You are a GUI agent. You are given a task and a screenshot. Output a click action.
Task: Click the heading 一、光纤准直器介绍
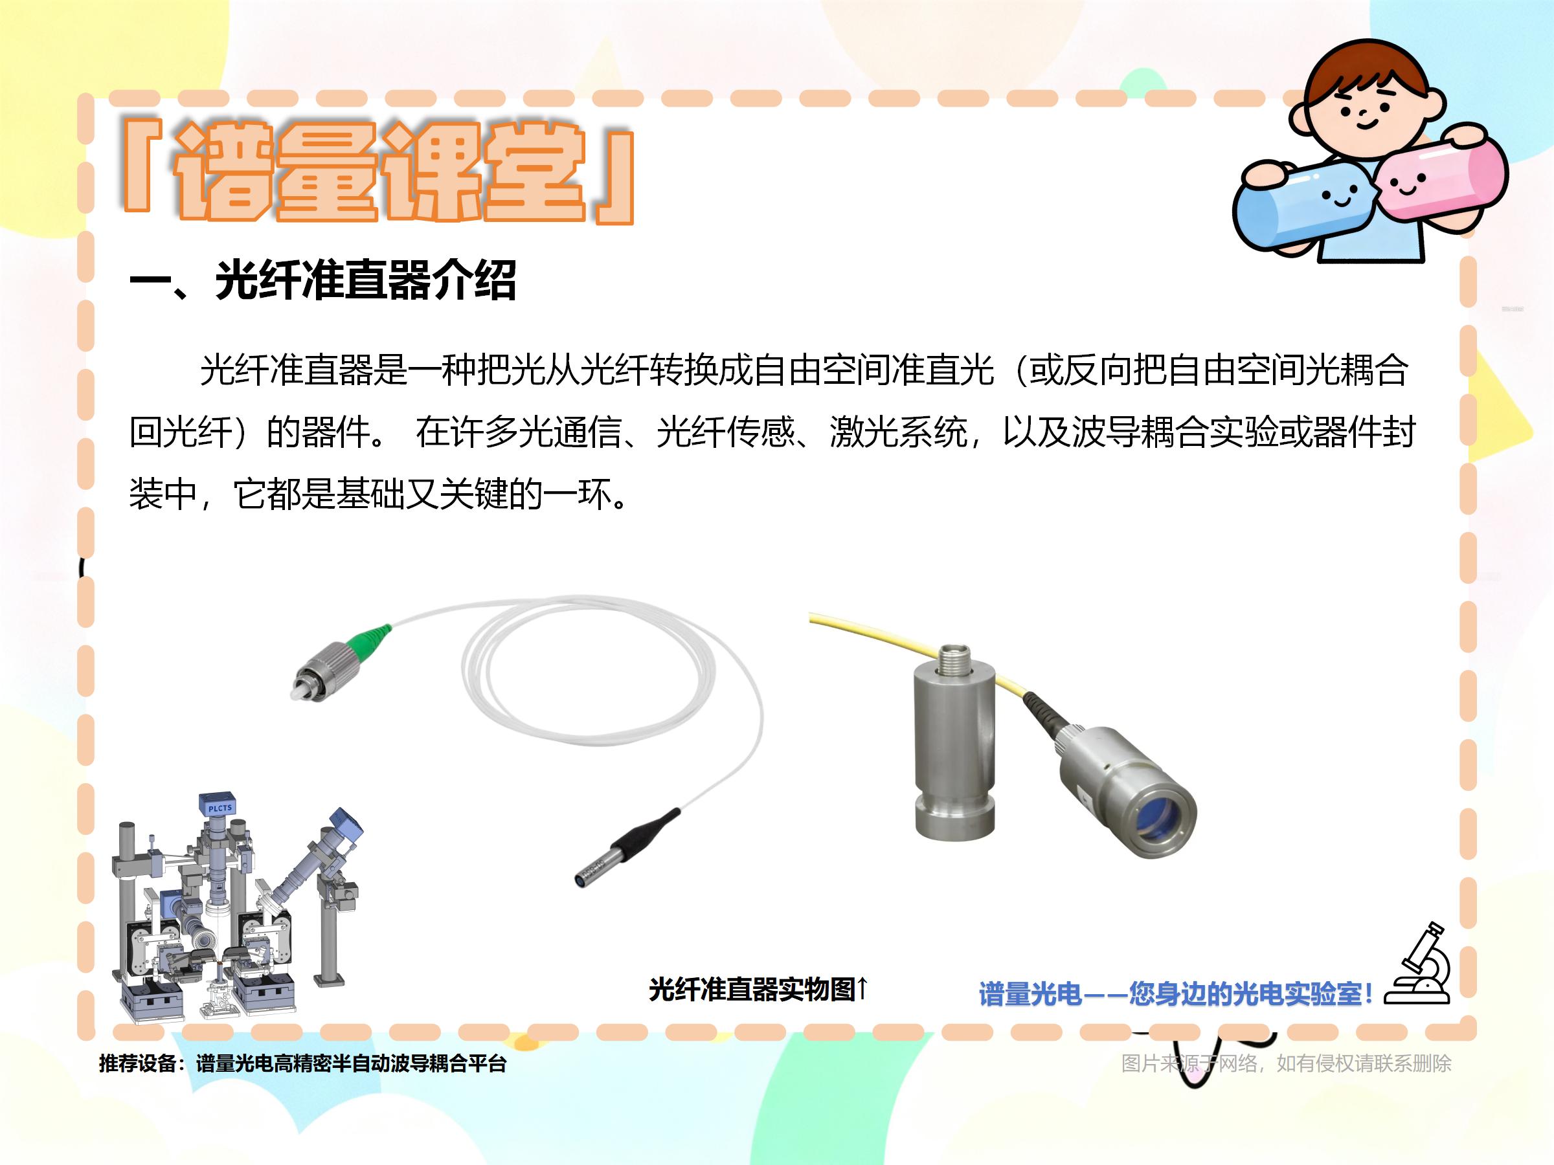[x=323, y=280]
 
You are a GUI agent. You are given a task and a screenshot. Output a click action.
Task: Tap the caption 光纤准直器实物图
[x=752, y=990]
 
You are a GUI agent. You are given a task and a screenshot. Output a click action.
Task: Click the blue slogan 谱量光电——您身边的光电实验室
[x=1175, y=993]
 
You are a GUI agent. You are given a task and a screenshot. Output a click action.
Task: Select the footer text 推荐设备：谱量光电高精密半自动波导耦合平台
[x=303, y=1063]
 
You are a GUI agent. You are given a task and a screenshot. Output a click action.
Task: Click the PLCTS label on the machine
[x=220, y=808]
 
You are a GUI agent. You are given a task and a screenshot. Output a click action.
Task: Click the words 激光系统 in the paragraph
[x=899, y=432]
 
